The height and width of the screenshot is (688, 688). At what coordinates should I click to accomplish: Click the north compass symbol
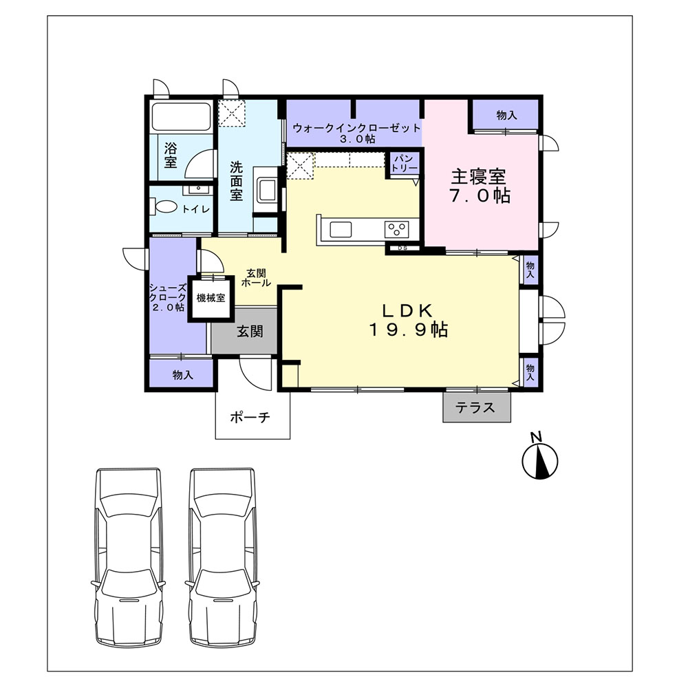[x=539, y=461]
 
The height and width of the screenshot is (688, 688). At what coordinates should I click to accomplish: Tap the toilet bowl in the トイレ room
[x=166, y=206]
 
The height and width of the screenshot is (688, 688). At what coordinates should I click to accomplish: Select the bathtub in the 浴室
[x=180, y=116]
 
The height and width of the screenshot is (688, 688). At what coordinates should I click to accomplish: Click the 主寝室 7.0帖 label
[x=479, y=186]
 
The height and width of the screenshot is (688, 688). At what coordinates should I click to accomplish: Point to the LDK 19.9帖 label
[x=408, y=321]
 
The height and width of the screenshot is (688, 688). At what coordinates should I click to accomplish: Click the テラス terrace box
[x=477, y=407]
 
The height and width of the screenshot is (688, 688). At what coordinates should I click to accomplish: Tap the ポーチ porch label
[x=250, y=417]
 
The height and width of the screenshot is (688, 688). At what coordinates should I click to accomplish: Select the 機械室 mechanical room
[x=211, y=299]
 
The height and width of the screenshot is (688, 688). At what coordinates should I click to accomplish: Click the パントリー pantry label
[x=404, y=163]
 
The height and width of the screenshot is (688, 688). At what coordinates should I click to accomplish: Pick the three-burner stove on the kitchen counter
[x=397, y=229]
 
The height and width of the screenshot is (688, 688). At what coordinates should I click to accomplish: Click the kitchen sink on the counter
[x=341, y=230]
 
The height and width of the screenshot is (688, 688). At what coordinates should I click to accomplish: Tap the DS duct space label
[x=402, y=248]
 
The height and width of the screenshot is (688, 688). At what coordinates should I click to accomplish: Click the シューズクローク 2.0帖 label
[x=168, y=297]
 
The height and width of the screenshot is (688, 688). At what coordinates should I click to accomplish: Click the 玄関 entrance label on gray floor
[x=250, y=332]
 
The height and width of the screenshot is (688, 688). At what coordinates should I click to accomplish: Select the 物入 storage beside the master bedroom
[x=506, y=116]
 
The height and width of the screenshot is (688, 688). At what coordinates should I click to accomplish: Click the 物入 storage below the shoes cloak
[x=182, y=375]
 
